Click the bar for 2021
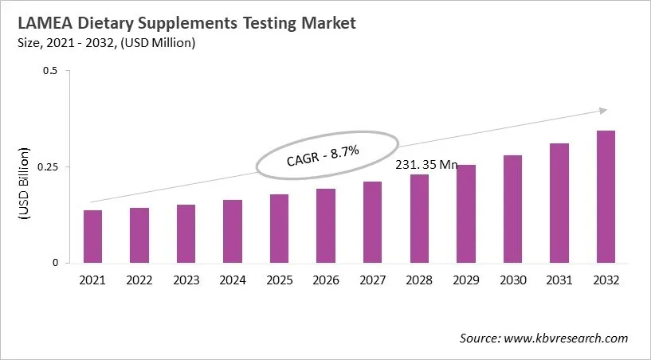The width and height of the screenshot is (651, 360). [92, 237]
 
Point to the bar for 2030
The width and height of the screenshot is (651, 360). [512, 209]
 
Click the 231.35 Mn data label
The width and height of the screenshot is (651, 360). [427, 165]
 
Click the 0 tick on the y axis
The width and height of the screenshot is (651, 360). [55, 263]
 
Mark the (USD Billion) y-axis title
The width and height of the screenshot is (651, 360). [24, 183]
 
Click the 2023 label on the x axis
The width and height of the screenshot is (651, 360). [186, 280]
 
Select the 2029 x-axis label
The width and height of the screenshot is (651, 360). [465, 280]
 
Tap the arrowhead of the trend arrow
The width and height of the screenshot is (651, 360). [603, 110]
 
